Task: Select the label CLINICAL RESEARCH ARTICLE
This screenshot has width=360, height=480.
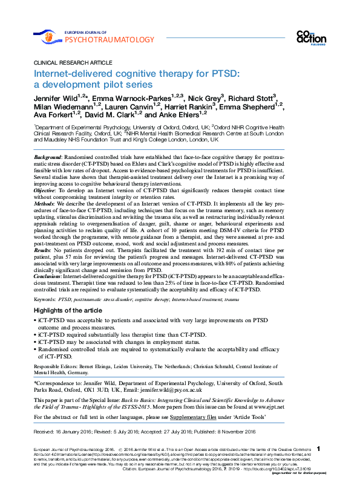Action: [x=69, y=63]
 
